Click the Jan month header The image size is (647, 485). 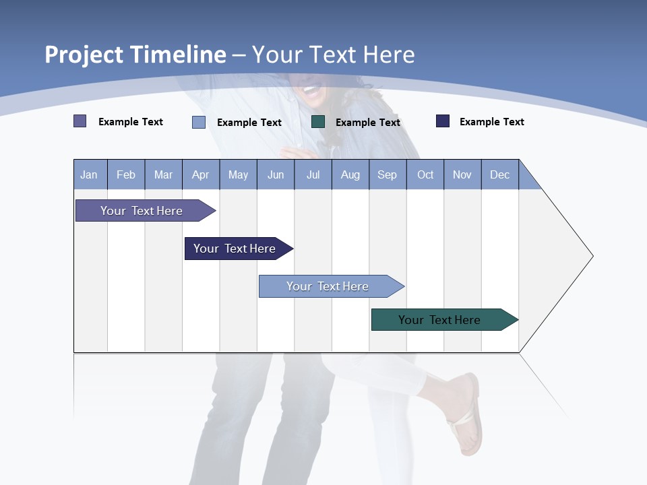pyautogui.click(x=89, y=174)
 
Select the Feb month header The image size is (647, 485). pyautogui.click(x=126, y=174)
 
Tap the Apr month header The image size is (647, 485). pyautogui.click(x=200, y=174)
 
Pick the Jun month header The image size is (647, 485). pyautogui.click(x=276, y=174)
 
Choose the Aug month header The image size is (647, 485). pyautogui.click(x=350, y=174)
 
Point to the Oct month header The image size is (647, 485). pyautogui.click(x=425, y=174)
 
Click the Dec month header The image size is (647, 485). pyautogui.click(x=499, y=174)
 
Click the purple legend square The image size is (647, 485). pyautogui.click(x=80, y=121)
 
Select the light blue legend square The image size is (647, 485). pyautogui.click(x=199, y=122)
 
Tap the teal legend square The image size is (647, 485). pyautogui.click(x=318, y=122)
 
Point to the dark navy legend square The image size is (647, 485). pyautogui.click(x=443, y=121)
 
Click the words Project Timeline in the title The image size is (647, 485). pyautogui.click(x=135, y=55)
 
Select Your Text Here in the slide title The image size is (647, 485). pyautogui.click(x=333, y=55)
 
